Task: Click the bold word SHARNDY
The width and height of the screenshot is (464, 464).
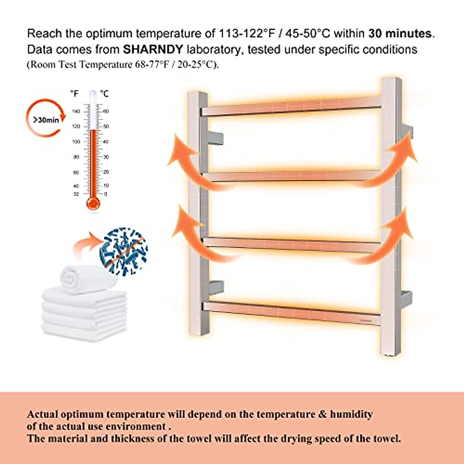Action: click(153, 49)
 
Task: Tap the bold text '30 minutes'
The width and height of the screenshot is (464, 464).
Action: click(400, 34)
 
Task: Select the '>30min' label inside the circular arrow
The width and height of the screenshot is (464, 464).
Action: click(46, 120)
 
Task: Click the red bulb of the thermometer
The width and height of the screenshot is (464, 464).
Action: click(93, 203)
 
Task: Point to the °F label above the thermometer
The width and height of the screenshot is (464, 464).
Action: click(74, 94)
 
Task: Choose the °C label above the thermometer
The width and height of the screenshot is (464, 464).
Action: click(104, 94)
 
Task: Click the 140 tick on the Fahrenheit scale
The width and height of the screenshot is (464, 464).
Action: click(76, 111)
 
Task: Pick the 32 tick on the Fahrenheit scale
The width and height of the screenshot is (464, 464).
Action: click(76, 194)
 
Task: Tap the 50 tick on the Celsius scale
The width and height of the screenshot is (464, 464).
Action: click(106, 126)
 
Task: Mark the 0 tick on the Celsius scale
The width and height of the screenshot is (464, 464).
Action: click(106, 194)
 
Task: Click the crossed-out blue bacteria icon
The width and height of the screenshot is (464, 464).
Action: click(123, 251)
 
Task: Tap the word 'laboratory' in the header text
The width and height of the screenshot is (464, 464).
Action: click(215, 49)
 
